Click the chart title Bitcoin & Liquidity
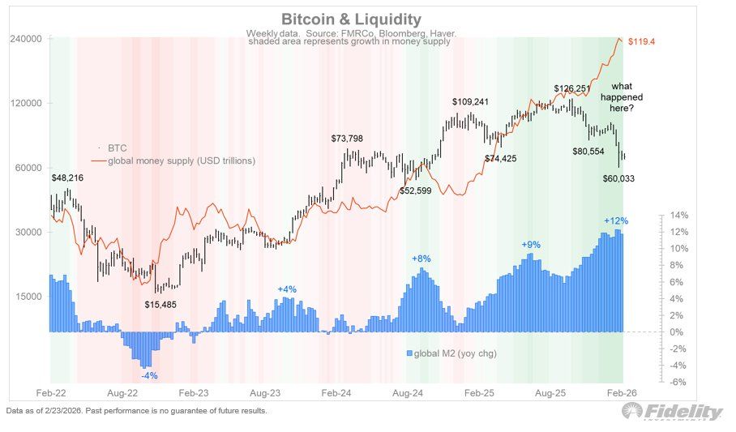click(351, 19)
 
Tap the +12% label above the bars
click(616, 220)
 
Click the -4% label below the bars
click(149, 375)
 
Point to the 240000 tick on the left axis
click(25, 39)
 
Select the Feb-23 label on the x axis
click(194, 392)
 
